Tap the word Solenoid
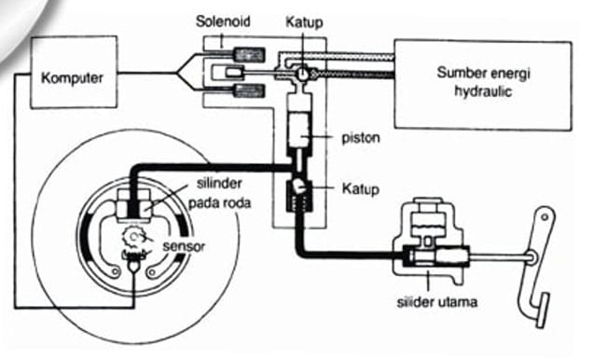coord(223,21)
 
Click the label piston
coord(361,137)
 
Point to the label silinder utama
coord(436,302)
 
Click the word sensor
coord(184,246)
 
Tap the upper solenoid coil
coord(249,55)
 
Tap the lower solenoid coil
coord(249,91)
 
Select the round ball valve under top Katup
coord(302,73)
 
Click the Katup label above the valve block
coord(304,22)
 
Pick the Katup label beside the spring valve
coord(360,188)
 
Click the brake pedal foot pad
coord(543,311)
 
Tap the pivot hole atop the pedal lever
coord(545,217)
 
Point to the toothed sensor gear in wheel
coord(132,237)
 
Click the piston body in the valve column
coord(299,130)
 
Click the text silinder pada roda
coord(219,193)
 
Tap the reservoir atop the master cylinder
coord(427,218)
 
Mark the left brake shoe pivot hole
coord(116,271)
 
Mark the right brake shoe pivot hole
coord(152,272)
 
